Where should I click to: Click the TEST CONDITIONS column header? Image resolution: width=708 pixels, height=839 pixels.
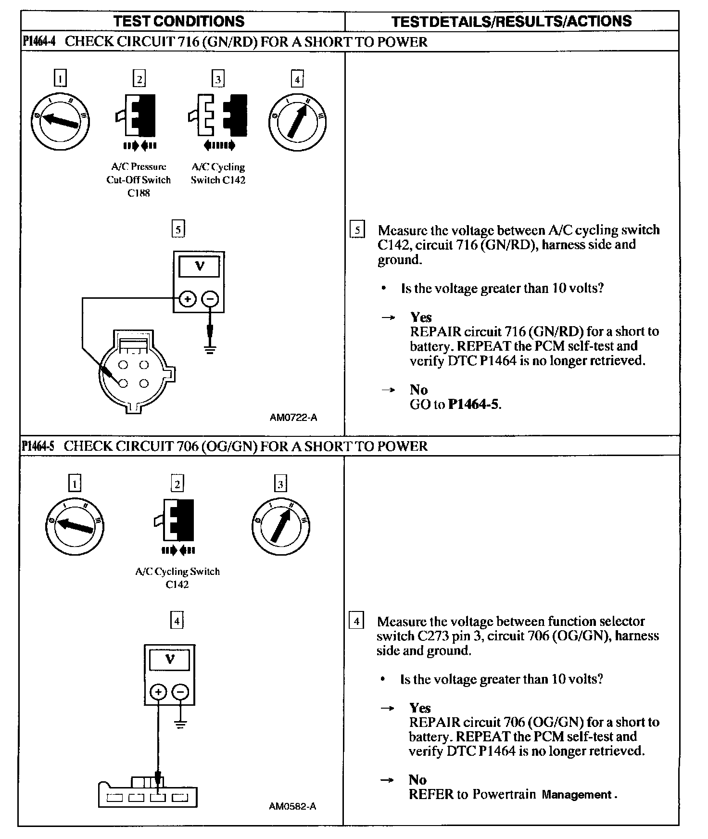[179, 21]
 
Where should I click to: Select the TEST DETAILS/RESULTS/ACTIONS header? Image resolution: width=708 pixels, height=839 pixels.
[511, 21]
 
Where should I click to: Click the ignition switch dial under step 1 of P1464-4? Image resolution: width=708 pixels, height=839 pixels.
[60, 121]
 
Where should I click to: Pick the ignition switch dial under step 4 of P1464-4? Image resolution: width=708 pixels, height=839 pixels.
[297, 121]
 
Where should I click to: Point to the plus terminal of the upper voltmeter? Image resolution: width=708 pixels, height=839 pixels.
[188, 299]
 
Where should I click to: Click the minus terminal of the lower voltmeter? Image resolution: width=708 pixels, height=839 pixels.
[181, 692]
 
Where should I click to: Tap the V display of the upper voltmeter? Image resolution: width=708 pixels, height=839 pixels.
[199, 267]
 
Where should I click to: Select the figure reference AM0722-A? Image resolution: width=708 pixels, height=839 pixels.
[293, 418]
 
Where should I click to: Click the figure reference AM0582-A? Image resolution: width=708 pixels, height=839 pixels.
[292, 806]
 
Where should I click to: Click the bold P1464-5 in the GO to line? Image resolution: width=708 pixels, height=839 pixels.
[474, 404]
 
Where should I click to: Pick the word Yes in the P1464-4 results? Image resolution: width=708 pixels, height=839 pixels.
[421, 318]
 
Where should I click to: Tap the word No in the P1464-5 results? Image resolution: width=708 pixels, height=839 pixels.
[417, 780]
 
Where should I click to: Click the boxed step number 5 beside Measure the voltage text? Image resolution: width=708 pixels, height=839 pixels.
[357, 230]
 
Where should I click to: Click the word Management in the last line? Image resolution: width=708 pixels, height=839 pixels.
[576, 795]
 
